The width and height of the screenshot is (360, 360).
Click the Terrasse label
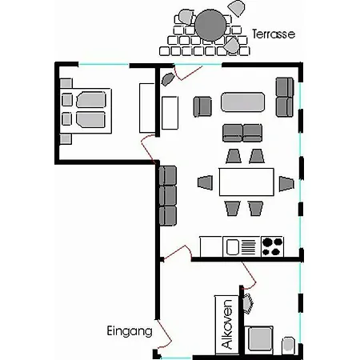274,34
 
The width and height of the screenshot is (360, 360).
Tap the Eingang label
130,331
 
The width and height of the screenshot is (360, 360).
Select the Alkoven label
227,324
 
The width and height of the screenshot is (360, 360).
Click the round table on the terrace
210,26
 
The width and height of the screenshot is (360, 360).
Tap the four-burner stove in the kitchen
272,246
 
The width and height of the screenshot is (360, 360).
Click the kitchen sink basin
232,247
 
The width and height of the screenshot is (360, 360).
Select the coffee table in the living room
242,102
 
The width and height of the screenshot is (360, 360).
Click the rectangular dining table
246,182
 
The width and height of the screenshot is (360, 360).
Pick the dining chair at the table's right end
286,184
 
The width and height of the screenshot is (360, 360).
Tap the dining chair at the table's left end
206,182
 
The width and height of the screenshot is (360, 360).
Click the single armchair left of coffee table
202,106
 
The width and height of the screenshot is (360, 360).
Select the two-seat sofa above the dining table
242,133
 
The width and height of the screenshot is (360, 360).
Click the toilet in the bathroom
288,344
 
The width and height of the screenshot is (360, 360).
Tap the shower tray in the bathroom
259,338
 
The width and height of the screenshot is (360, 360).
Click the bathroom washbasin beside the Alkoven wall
248,303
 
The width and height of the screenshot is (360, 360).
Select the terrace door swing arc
187,74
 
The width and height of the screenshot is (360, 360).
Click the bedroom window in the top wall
104,64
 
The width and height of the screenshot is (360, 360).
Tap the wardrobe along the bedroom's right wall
147,108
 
